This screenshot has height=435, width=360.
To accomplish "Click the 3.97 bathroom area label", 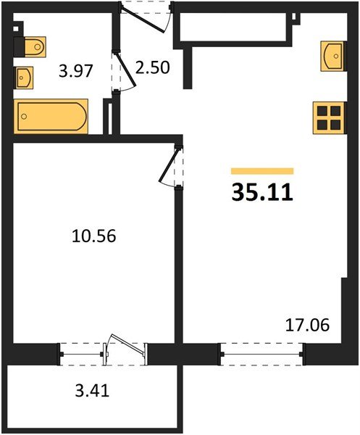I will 75,71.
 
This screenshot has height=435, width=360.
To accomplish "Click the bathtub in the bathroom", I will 51,116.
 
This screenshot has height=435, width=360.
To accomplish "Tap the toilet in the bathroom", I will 31,46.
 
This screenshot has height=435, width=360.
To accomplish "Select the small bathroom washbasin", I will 24,75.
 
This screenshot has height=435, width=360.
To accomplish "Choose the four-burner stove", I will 328,117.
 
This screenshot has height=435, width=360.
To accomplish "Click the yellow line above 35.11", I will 262,171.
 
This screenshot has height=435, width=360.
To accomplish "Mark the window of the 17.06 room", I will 261,355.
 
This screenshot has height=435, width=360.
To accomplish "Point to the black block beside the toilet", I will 18,46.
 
